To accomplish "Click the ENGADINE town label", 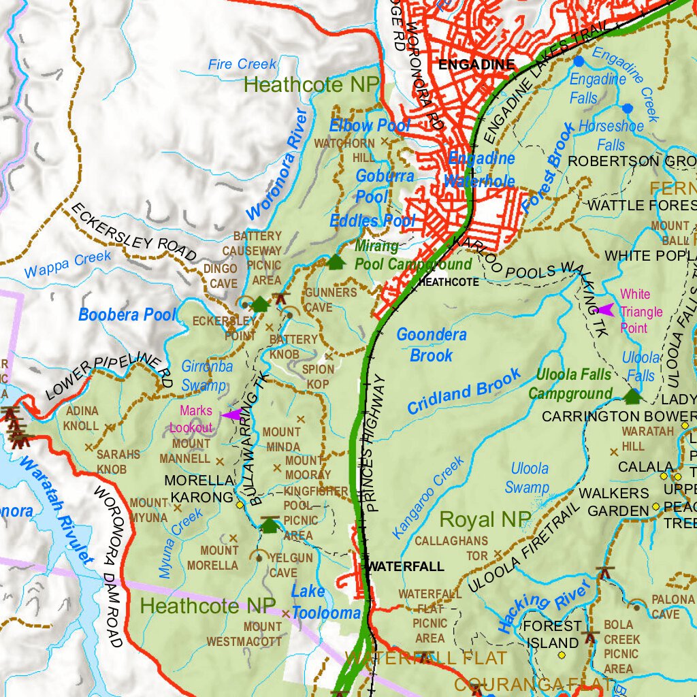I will (x=476, y=65).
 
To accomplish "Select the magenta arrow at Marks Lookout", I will (x=231, y=415).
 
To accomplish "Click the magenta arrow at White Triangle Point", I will (x=604, y=310).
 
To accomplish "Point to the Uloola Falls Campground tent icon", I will (x=633, y=395).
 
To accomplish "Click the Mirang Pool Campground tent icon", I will (x=336, y=262).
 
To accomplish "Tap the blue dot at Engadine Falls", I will (x=579, y=61).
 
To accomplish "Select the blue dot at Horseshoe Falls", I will (x=627, y=108).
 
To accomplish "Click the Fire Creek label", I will (x=242, y=65).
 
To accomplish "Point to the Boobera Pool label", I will (x=127, y=315).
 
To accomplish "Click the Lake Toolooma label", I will (x=325, y=602).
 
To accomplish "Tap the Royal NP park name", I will (x=485, y=519).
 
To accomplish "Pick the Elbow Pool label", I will (x=370, y=126).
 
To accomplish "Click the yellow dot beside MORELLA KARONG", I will (x=240, y=505).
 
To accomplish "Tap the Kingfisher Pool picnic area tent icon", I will (x=270, y=525).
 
